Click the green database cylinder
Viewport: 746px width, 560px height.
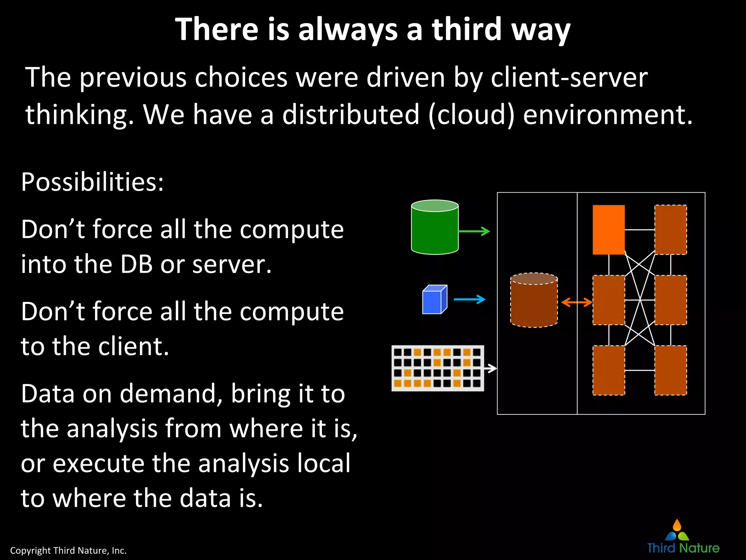click(x=435, y=227)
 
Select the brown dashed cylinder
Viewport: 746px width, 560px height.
click(x=534, y=300)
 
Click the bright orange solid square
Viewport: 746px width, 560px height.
click(x=608, y=230)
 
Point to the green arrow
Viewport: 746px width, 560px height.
click(x=474, y=231)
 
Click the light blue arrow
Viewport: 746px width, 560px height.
click(x=470, y=299)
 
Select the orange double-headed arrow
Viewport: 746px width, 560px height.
click(x=576, y=302)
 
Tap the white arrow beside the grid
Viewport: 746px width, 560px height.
click(x=491, y=368)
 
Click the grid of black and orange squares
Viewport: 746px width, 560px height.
click(x=437, y=368)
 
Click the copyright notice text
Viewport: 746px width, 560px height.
click(x=68, y=550)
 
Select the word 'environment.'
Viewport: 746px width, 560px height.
click(x=608, y=114)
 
